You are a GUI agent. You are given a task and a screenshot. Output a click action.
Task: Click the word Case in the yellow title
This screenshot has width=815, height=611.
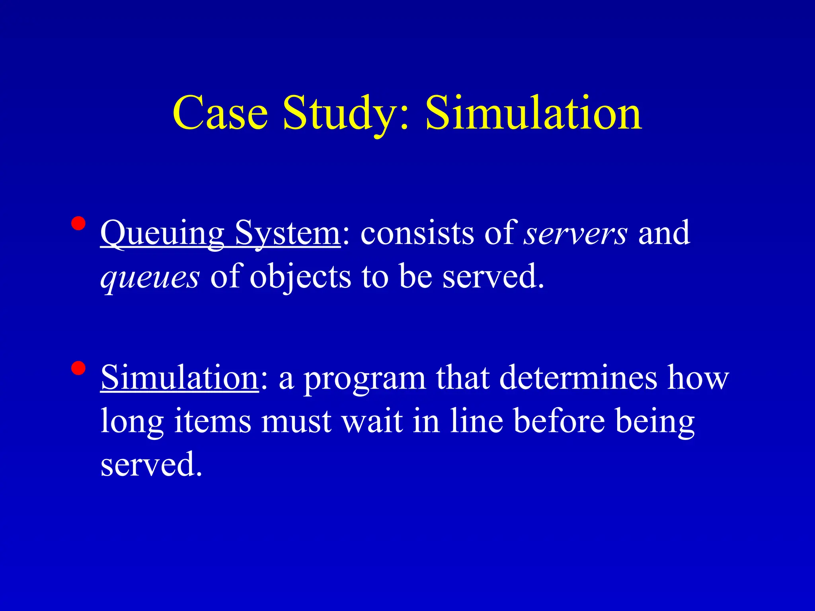pyautogui.click(x=220, y=113)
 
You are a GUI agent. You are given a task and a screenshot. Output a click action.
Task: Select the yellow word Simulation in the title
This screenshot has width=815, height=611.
pyautogui.click(x=534, y=113)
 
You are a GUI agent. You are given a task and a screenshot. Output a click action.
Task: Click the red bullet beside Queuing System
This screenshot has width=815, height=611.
pyautogui.click(x=78, y=224)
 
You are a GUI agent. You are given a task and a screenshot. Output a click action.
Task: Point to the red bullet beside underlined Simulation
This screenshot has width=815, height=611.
pyautogui.click(x=78, y=368)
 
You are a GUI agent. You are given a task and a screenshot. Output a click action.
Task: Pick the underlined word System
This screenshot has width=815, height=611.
pyautogui.click(x=287, y=234)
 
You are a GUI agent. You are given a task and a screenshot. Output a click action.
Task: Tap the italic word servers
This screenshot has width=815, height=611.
pyautogui.click(x=575, y=234)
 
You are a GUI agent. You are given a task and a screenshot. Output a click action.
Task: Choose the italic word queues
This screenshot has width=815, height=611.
pyautogui.click(x=150, y=277)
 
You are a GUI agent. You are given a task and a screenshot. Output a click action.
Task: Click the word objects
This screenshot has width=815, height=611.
pyautogui.click(x=300, y=277)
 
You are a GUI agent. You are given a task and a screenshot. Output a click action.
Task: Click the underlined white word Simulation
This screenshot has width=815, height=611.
pyautogui.click(x=179, y=377)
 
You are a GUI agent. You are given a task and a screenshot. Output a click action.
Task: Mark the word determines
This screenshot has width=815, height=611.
pyautogui.click(x=578, y=377)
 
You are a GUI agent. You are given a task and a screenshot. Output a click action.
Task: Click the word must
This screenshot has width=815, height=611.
pyautogui.click(x=296, y=422)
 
